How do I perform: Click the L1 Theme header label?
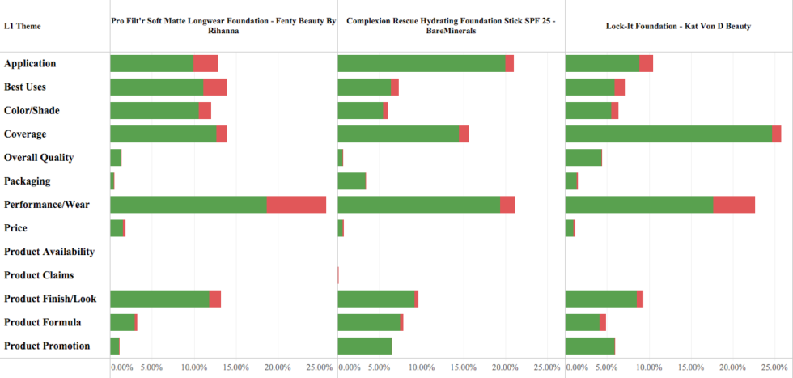[23, 27]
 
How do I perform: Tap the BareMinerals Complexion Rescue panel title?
[451, 26]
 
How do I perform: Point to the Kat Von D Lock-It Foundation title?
[678, 26]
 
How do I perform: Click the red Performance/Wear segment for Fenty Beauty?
[296, 205]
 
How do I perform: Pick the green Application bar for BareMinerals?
[422, 63]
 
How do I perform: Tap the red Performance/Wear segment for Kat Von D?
[734, 205]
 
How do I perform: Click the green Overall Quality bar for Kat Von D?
[583, 158]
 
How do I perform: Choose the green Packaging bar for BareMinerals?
[351, 181]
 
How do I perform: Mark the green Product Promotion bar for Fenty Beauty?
[115, 346]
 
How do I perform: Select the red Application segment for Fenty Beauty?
[206, 63]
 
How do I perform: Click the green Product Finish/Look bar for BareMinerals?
[375, 299]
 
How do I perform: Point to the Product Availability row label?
[49, 253]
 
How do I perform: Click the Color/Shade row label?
[32, 110]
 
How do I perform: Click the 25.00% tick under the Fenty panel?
[320, 367]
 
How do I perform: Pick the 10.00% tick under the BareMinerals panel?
[422, 367]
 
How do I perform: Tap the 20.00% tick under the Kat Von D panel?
[733, 367]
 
